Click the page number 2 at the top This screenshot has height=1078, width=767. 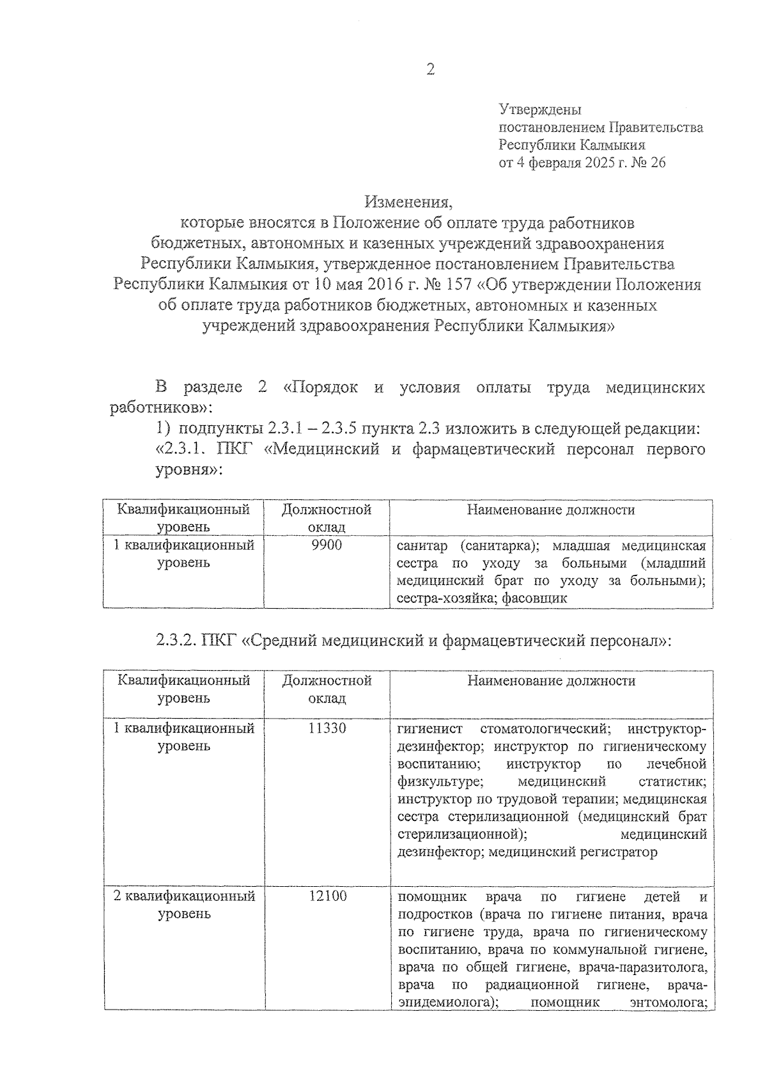pos(430,70)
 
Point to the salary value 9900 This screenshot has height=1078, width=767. pos(327,545)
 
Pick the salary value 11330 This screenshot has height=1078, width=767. pos(327,728)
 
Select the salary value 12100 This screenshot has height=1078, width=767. pos(327,896)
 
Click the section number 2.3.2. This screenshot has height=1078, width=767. pos(175,641)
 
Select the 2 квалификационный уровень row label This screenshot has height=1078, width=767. pos(184,905)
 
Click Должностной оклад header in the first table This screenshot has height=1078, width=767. pos(327,518)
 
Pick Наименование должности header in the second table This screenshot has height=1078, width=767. pos(551,681)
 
